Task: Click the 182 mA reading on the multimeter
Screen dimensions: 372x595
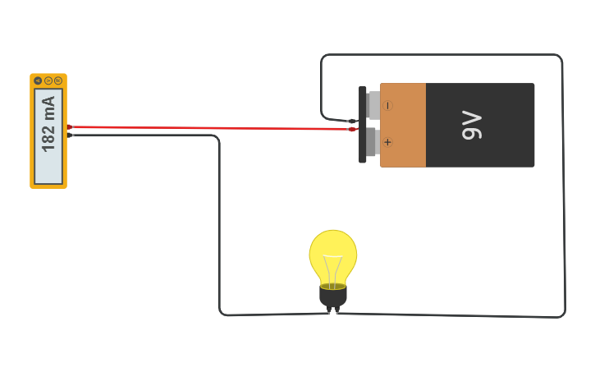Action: coord(48,124)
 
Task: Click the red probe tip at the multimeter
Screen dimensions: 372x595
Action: coord(70,126)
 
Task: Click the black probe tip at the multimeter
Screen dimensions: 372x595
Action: coord(71,135)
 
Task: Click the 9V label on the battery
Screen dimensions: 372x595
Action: coord(472,125)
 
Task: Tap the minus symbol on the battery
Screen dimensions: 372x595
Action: coord(387,106)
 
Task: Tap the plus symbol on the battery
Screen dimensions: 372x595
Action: coord(387,142)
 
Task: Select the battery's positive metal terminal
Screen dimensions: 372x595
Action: coord(373,142)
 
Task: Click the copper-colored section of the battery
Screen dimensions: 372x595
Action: coord(403,125)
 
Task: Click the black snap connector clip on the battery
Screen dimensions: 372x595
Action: coord(363,124)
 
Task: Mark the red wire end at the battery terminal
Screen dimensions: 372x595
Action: coord(353,129)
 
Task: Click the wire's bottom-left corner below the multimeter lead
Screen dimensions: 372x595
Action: coord(222,313)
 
